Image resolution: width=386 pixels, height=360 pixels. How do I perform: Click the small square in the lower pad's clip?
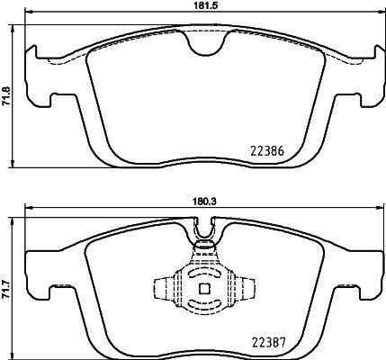tap(203, 290)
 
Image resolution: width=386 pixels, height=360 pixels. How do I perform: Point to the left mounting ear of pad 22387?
tap(38, 270)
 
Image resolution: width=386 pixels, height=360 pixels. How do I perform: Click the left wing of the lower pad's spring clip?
tap(164, 290)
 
